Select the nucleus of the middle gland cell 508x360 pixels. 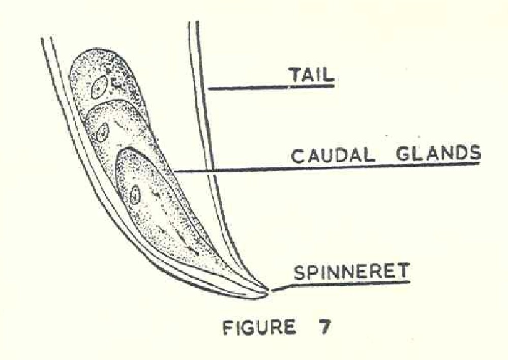pos(103,132)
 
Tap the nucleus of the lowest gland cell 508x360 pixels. pos(135,195)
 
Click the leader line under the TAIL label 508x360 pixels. pos(271,87)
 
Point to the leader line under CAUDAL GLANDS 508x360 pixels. pos(327,167)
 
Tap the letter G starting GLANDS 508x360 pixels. pos(402,154)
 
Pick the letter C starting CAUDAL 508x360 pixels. pos(297,157)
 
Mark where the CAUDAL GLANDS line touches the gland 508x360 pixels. pos(175,171)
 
